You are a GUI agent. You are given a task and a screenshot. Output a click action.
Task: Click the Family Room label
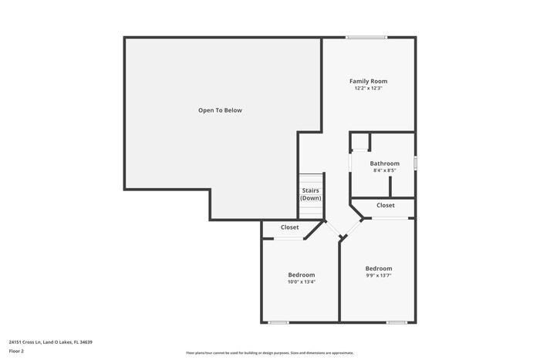point(368,81)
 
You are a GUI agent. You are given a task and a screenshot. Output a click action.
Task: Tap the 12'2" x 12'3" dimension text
point(368,89)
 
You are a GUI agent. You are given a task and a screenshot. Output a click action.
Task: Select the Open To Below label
point(220,110)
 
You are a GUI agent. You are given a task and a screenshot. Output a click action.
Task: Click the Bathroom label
point(384,163)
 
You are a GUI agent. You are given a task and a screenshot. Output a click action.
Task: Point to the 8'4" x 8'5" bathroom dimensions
point(384,171)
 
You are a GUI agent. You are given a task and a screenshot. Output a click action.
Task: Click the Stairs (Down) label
point(311,194)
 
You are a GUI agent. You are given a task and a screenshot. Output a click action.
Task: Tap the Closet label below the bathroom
point(386,206)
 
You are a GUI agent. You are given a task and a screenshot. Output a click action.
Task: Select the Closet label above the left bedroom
point(289,227)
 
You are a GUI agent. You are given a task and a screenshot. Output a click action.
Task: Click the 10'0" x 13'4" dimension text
point(301,282)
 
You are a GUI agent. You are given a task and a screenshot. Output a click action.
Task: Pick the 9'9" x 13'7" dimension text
point(379,275)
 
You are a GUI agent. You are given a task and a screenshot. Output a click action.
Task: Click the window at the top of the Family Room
point(366,37)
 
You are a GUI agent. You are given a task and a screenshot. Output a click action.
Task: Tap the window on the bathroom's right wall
point(415,163)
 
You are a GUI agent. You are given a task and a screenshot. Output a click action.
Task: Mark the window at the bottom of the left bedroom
point(278,321)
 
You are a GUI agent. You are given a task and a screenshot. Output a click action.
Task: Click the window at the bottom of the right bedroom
point(397,321)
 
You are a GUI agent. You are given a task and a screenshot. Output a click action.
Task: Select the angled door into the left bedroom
point(331,229)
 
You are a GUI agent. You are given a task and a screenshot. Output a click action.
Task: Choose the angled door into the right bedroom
point(351,228)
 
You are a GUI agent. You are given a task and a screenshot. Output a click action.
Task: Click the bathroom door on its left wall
point(351,163)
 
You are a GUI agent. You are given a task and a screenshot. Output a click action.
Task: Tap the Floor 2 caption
point(16,351)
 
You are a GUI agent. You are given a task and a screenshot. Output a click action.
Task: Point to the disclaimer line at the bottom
point(269,353)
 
